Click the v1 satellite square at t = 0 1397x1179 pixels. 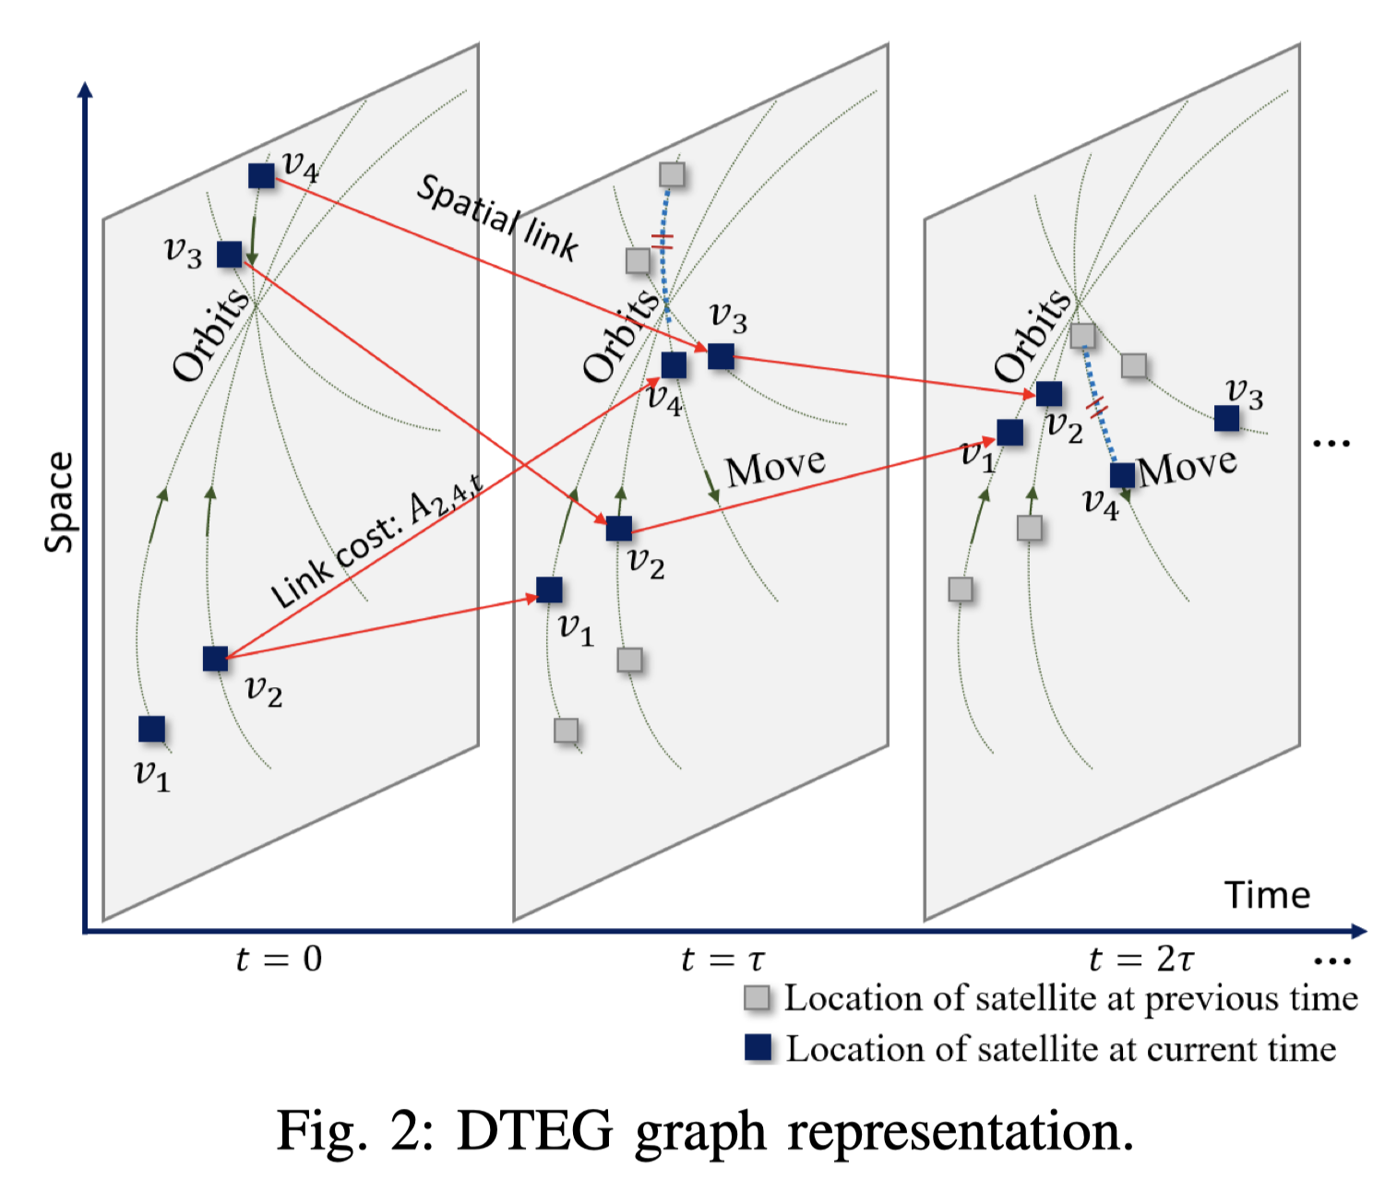(152, 729)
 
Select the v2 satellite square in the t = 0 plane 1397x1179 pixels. (215, 659)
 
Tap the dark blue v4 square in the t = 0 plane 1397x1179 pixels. (261, 175)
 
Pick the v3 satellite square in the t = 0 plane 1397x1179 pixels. (230, 254)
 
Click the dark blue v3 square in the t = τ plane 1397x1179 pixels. (721, 355)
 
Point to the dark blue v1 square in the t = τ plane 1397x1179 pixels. (549, 589)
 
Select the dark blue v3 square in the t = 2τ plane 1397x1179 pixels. (1226, 418)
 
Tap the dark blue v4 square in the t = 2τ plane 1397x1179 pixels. (1122, 475)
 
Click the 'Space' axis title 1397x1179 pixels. (60, 502)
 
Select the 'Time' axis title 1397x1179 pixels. (1267, 895)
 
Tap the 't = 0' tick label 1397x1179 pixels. (279, 959)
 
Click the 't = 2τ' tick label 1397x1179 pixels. (1141, 959)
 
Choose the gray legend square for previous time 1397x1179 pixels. (757, 997)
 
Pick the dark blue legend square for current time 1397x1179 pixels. (758, 1047)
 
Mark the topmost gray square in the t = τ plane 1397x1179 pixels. (672, 173)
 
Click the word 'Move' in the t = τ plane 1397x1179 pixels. (775, 468)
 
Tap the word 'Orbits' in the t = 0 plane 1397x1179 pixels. (211, 334)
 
